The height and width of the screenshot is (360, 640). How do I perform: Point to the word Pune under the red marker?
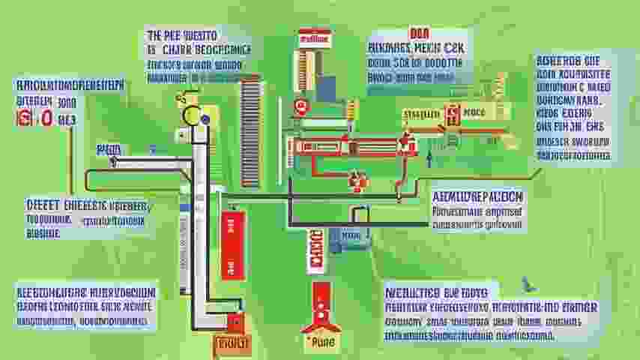coord(321,339)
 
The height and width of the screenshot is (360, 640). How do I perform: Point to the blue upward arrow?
coord(429,156)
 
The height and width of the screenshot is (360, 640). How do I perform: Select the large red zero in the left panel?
coord(46,118)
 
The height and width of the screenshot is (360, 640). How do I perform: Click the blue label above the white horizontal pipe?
coord(109,150)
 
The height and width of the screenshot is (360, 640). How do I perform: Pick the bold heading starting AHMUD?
coord(477,196)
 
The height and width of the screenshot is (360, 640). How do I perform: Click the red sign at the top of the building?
coord(314,37)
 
